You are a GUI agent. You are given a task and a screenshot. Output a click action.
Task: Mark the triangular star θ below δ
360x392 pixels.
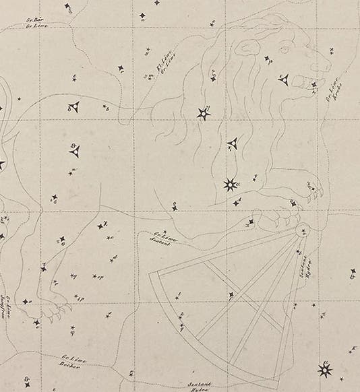(x=74, y=151)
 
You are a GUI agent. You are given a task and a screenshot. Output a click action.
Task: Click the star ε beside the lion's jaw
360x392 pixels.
(x=284, y=80)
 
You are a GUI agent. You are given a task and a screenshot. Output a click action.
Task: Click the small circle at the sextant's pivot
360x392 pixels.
(x=299, y=228)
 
